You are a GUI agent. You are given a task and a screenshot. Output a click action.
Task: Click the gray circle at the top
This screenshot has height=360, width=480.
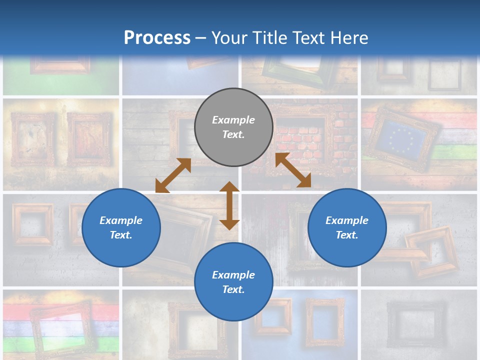233,127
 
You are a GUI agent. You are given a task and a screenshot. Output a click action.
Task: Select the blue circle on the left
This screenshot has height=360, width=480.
121,227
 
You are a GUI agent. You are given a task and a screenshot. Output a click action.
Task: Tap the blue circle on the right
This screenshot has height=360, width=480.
347,227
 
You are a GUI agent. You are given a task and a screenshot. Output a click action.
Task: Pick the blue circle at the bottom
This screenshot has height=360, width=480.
233,282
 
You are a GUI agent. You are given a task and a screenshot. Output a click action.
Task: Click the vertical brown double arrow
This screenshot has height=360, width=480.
229,205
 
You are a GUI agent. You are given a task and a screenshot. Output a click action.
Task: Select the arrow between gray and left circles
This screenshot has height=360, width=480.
173,175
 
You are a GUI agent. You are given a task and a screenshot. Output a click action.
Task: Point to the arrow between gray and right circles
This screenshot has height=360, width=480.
293,170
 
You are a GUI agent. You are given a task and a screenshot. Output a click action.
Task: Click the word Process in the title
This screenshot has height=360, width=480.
157,37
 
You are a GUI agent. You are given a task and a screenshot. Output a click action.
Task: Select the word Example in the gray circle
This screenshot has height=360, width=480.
233,120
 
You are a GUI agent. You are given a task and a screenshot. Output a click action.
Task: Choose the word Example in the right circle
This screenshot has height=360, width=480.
347,220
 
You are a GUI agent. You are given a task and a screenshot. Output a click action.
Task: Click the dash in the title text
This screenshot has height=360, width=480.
200,38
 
